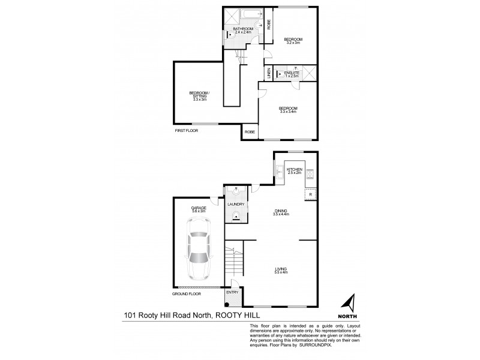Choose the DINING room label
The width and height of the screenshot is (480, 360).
coord(281,212)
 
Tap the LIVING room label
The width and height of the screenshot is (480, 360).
coord(281,270)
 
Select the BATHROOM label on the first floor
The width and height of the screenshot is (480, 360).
coord(243,29)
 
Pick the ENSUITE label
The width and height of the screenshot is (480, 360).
coord(292,73)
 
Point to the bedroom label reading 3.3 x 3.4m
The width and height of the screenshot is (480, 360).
coord(288,109)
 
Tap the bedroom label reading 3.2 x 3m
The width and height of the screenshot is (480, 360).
coord(293,41)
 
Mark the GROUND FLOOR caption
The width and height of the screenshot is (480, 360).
coord(186,295)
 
